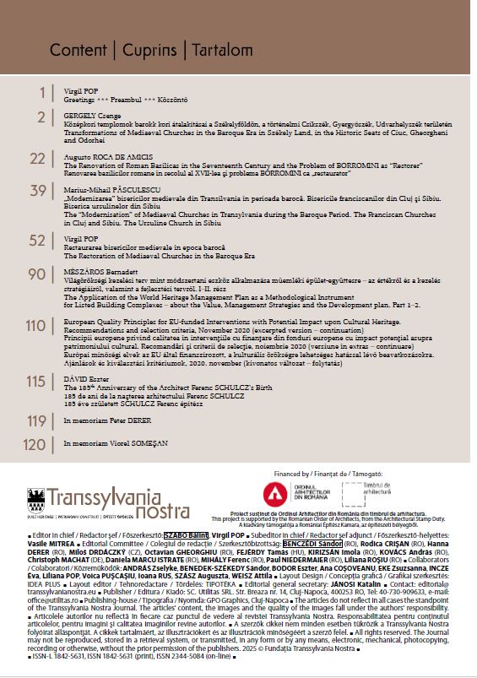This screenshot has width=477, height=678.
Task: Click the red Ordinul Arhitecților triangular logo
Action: point(274,493)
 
